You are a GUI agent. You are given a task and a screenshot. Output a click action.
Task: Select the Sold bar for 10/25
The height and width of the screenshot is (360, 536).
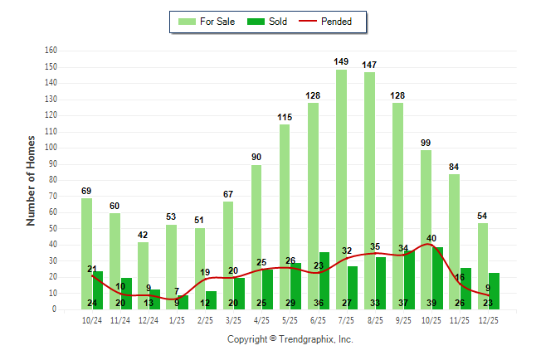[437, 278]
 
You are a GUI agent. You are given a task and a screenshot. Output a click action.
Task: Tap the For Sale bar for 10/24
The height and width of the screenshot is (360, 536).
[86, 253]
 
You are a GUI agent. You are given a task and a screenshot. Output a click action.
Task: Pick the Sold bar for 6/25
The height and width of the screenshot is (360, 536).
[324, 280]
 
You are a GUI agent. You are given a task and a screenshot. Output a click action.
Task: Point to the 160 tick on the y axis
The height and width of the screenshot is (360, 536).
[51, 51]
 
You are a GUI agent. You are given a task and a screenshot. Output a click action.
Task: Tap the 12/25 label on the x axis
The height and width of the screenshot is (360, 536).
[488, 319]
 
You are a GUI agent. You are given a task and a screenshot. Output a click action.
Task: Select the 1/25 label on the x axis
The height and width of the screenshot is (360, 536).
[177, 319]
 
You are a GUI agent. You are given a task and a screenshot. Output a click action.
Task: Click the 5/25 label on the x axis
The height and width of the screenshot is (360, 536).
[290, 319]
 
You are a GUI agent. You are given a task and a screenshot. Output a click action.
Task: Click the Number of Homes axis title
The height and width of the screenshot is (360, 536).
[31, 180]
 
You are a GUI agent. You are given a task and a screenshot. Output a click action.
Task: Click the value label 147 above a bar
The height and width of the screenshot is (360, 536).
[369, 64]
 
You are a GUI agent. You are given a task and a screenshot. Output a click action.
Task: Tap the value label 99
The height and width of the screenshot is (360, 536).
[426, 142]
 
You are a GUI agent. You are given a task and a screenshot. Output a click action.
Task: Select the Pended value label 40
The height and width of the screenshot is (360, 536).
[432, 238]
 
